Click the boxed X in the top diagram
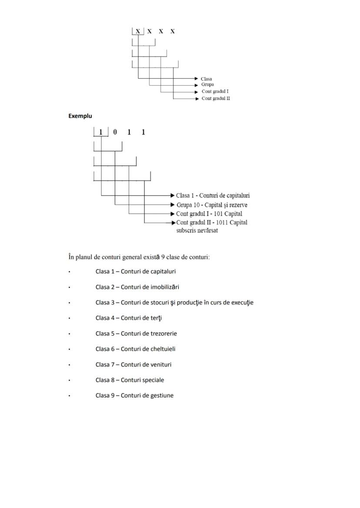[138, 31]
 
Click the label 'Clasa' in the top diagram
[206, 79]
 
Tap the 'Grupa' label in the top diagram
[207, 85]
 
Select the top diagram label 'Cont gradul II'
[216, 99]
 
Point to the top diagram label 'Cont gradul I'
[215, 92]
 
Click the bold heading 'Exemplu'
[80, 116]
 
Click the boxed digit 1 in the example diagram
[101, 132]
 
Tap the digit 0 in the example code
[115, 132]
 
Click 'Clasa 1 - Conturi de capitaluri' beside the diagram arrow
[213, 196]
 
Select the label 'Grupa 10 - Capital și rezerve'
[212, 205]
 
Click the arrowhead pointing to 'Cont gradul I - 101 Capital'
[173, 214]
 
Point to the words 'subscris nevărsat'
[197, 231]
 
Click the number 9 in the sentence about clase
[163, 257]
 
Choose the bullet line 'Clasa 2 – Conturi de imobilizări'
[137, 287]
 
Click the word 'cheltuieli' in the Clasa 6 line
[162, 349]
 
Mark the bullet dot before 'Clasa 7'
[69, 365]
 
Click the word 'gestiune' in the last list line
[161, 395]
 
